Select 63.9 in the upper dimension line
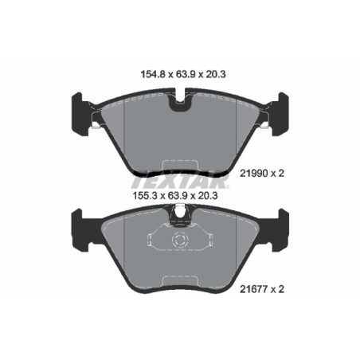click(x=181, y=77)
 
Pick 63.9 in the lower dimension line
click(x=181, y=192)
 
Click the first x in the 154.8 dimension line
click(x=162, y=78)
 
